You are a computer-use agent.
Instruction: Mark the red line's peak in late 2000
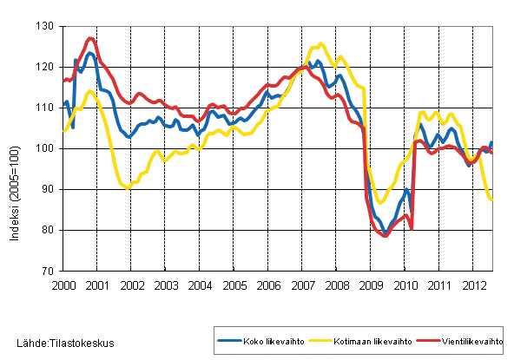90,38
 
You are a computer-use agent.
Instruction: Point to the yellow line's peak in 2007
320,43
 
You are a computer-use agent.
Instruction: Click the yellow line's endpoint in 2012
492,200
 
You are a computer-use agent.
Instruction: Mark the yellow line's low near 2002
128,187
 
